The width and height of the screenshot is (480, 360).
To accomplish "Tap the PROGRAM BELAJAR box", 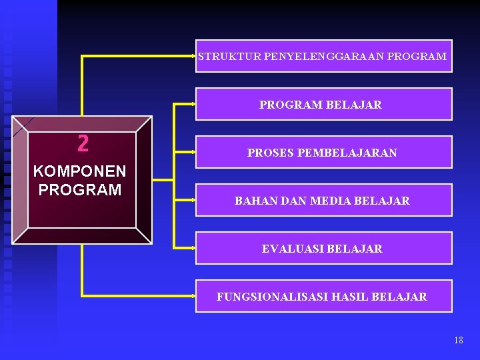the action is click(x=323, y=105).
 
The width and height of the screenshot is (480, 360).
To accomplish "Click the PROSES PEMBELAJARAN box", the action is click(x=323, y=153).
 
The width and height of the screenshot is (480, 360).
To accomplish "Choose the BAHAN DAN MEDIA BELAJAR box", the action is click(x=323, y=201).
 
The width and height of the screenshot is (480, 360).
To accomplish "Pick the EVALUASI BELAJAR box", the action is click(x=323, y=249).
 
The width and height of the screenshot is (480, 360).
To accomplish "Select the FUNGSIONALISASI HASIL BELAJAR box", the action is click(x=323, y=297).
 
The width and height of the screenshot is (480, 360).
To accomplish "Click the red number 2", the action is click(x=83, y=143).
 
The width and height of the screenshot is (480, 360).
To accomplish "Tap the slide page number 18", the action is click(x=458, y=341).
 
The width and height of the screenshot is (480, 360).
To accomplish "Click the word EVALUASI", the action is click(x=291, y=249).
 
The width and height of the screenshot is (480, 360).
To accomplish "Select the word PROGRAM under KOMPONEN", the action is click(x=79, y=190).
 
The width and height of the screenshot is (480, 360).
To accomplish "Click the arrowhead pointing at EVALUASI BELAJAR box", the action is click(x=193, y=248).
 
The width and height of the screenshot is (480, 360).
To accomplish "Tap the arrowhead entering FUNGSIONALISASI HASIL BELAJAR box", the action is click(x=193, y=296).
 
